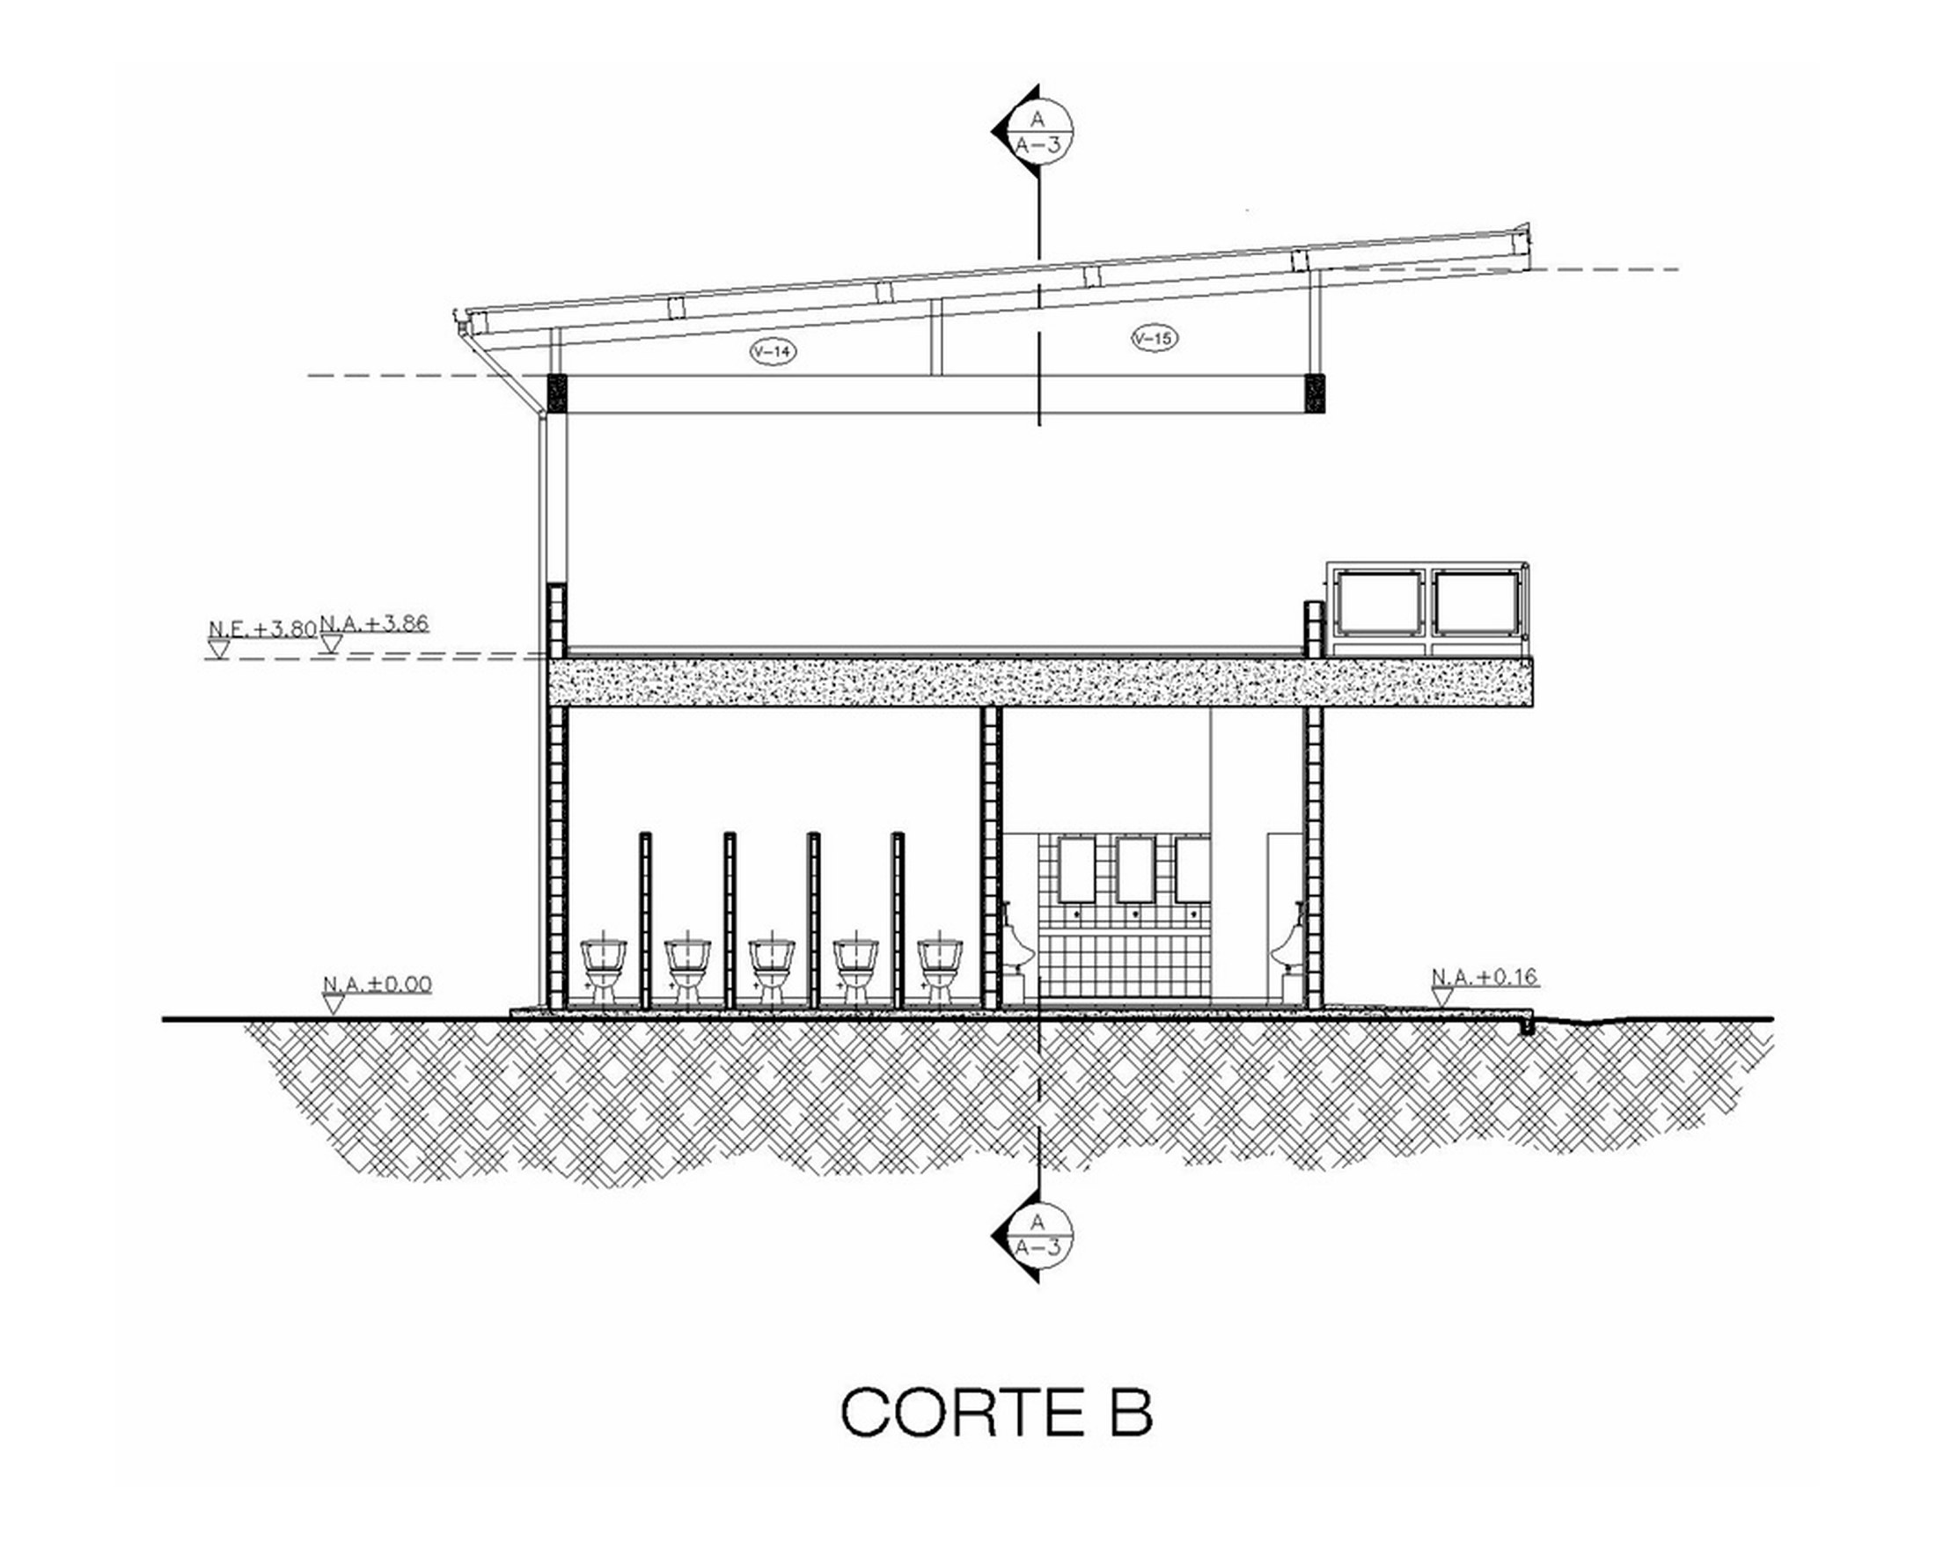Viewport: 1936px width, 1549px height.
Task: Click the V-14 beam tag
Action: click(773, 352)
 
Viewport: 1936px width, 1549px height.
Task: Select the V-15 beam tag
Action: click(1154, 339)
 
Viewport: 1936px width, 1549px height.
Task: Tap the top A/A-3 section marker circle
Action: click(1040, 131)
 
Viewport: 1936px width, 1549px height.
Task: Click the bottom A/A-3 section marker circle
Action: click(1040, 1237)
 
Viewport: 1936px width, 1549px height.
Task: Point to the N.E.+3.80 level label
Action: click(262, 629)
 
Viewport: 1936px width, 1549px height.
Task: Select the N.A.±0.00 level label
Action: click(378, 984)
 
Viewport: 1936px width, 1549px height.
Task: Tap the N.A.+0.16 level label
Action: click(1486, 976)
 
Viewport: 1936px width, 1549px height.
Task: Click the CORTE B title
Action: click(996, 1413)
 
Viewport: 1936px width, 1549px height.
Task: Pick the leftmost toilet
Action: click(604, 971)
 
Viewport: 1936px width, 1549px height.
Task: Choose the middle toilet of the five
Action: click(773, 971)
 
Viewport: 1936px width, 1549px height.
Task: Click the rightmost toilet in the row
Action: click(940, 971)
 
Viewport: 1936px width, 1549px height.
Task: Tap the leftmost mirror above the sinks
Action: click(1076, 870)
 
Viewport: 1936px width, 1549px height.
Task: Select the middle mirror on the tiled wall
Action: click(1135, 870)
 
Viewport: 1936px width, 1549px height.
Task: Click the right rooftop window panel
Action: click(1476, 603)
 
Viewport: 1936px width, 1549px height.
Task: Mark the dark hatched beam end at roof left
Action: click(558, 393)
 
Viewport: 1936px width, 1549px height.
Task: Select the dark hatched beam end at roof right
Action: click(1315, 393)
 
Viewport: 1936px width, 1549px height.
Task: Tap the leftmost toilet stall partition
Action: click(645, 921)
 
